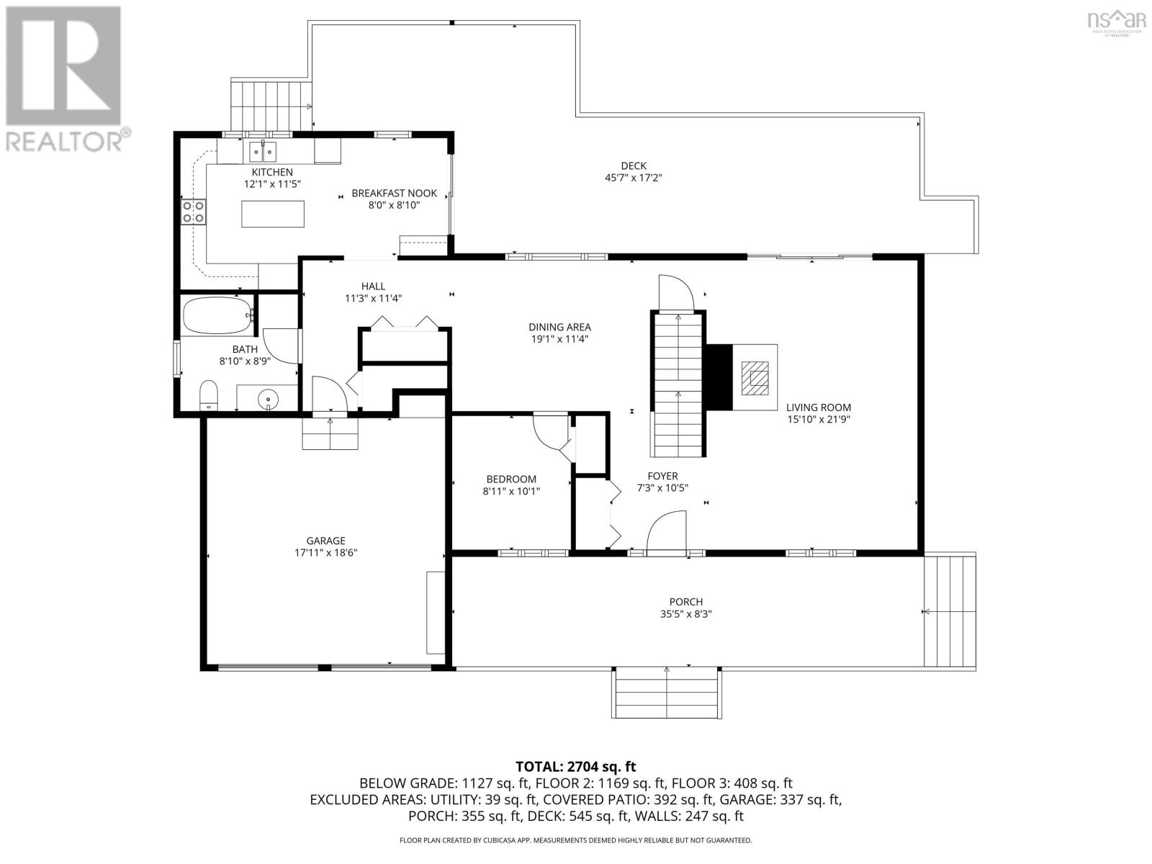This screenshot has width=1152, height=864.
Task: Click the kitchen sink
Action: (263, 153)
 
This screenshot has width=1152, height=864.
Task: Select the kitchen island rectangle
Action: (273, 214)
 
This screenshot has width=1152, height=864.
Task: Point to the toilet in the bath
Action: (209, 395)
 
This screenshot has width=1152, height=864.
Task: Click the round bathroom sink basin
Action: (268, 397)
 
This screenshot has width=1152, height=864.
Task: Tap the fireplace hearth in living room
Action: (755, 378)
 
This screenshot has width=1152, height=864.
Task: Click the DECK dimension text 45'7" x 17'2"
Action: (634, 177)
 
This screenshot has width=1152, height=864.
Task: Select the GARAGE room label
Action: (325, 541)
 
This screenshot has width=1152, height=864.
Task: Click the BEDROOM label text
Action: (511, 479)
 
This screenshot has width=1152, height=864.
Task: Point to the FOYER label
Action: (662, 476)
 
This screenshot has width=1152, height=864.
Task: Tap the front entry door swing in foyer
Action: (667, 531)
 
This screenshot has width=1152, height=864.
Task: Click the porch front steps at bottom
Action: (667, 693)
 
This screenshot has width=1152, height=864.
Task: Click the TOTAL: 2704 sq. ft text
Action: (576, 767)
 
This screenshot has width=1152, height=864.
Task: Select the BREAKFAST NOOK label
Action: (394, 193)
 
